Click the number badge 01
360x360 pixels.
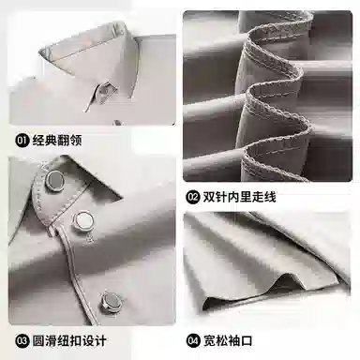[22, 141]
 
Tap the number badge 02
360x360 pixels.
[193, 198]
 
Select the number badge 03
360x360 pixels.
[22, 340]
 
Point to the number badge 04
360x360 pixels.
[193, 340]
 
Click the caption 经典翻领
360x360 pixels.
[57, 141]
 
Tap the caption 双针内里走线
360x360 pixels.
[240, 198]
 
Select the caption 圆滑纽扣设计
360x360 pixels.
[69, 340]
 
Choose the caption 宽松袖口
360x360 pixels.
[228, 340]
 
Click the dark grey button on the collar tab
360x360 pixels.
[54, 180]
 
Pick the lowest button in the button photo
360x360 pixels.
[111, 302]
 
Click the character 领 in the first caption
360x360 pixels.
[76, 141]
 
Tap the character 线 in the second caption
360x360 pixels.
[270, 198]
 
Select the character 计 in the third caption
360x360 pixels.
[100, 340]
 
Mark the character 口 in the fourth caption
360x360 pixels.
[247, 340]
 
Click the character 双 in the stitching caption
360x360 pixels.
[209, 198]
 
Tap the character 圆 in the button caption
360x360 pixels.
[38, 340]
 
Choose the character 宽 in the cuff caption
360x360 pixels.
[209, 340]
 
